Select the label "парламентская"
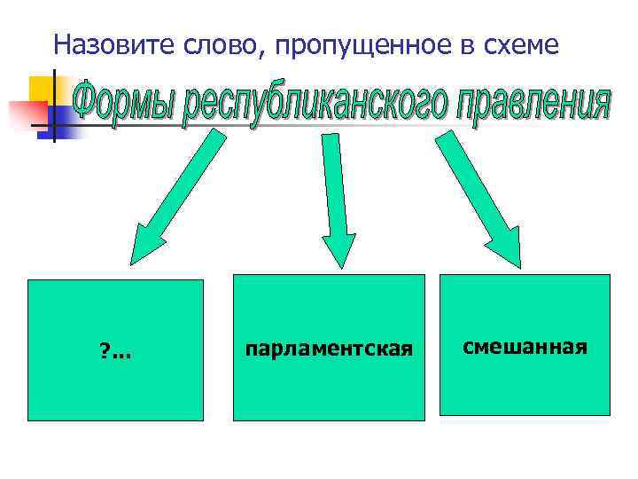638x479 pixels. (329, 349)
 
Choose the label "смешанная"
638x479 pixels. (525, 344)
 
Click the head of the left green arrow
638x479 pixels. (148, 243)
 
